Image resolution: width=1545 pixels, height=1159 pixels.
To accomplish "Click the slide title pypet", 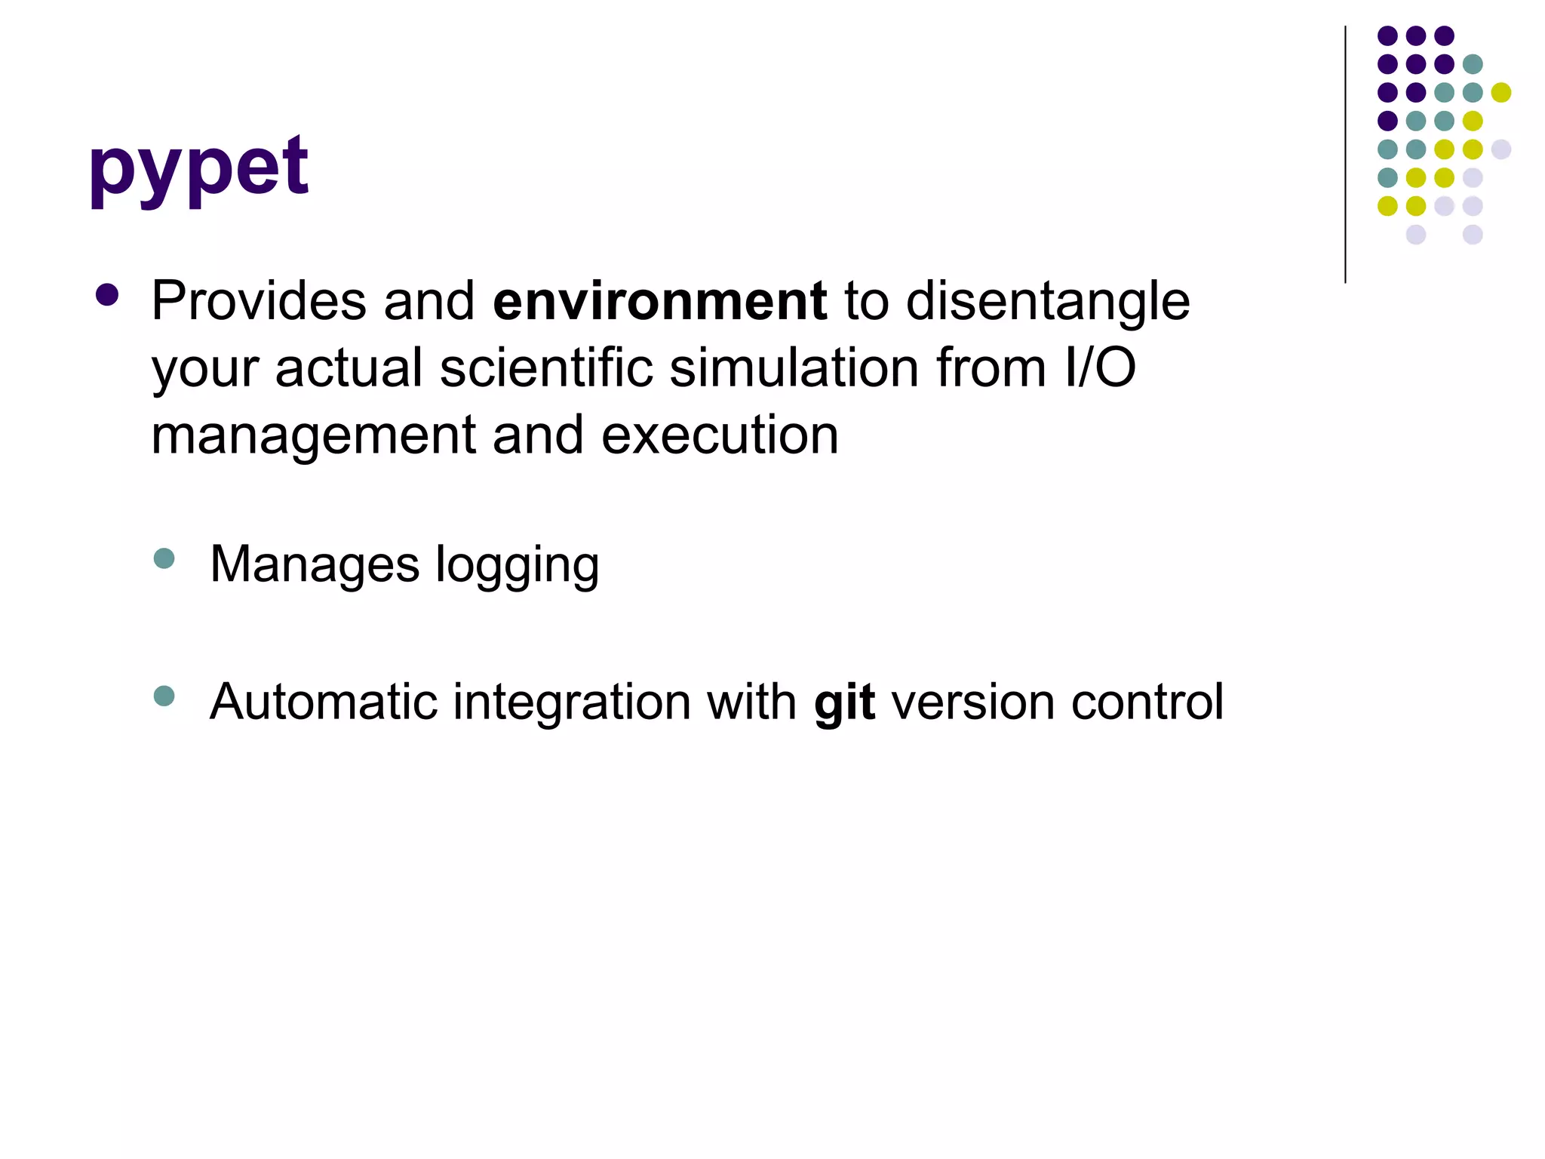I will [x=198, y=168].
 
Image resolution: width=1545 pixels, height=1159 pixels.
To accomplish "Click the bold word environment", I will [x=659, y=302].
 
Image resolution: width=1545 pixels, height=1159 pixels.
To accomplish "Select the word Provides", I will [x=259, y=302].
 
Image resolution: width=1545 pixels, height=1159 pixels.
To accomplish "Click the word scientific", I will [x=546, y=368].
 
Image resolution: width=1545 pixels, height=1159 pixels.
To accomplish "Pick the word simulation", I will [x=794, y=368].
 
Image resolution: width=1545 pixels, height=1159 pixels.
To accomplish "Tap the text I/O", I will [x=1099, y=368].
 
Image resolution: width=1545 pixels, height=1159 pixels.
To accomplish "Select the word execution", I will [x=720, y=436].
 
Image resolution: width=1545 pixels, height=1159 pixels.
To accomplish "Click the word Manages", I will [x=314, y=564].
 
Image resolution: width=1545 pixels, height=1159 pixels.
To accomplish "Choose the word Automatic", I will [x=324, y=702].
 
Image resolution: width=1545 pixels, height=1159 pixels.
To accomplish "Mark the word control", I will [x=1147, y=702].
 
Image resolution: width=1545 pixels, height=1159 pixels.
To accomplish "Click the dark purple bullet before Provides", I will [x=107, y=295].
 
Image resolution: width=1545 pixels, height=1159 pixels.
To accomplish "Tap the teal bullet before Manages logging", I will [x=164, y=558].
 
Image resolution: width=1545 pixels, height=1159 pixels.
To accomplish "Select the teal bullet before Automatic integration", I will [x=164, y=695].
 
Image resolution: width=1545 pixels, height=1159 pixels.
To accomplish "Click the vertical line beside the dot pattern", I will [x=1345, y=155].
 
